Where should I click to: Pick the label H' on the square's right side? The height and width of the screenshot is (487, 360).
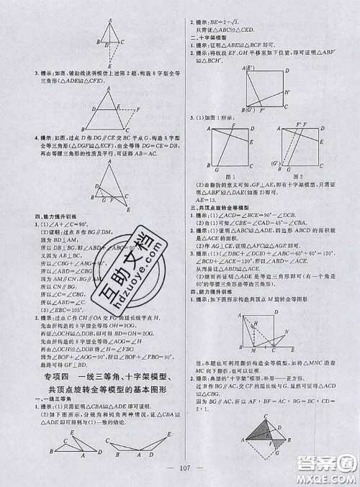pos(288,92)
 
